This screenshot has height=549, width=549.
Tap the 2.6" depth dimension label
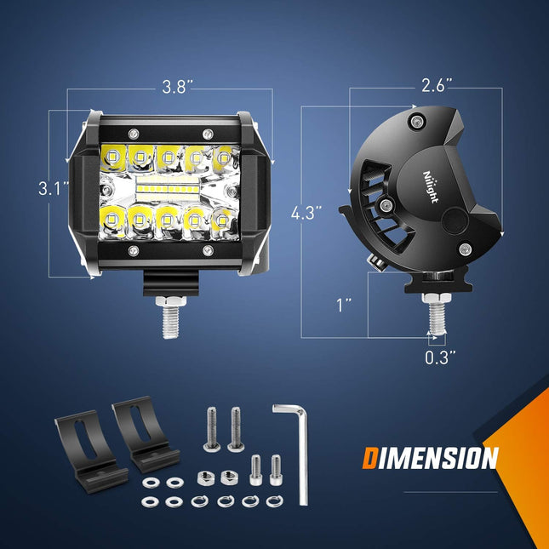click(437, 85)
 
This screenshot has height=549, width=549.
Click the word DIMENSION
click(430, 460)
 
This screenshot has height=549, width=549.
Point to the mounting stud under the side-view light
click(437, 316)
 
